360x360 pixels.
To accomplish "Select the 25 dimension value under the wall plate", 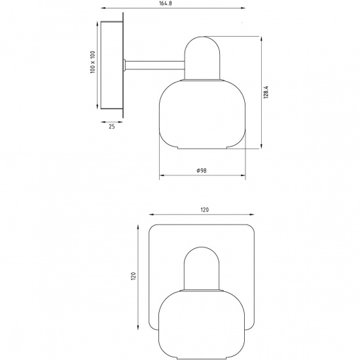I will (x=111, y=127).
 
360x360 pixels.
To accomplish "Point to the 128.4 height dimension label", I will (x=267, y=92).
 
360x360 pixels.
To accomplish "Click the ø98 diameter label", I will (x=202, y=170).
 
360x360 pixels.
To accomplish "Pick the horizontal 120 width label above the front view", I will (x=204, y=209).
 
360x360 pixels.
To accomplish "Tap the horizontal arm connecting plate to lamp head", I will (x=155, y=64).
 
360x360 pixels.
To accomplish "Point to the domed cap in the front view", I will (x=202, y=268).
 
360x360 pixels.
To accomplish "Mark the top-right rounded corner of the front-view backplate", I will (x=251, y=230).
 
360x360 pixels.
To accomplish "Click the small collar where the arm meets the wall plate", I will (x=124, y=64).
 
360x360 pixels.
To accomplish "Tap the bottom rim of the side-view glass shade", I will (x=202, y=147).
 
